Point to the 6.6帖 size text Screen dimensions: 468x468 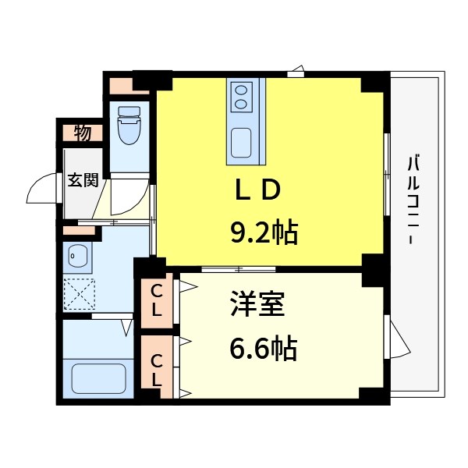[263, 349]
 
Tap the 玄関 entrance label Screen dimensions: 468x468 [82, 181]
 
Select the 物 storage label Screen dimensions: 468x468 [83, 133]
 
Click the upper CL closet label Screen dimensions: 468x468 [156, 301]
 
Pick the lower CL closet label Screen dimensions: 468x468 [156, 370]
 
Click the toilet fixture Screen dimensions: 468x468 [126, 126]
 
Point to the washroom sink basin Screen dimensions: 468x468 [74, 254]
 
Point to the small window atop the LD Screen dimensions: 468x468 [296, 73]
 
